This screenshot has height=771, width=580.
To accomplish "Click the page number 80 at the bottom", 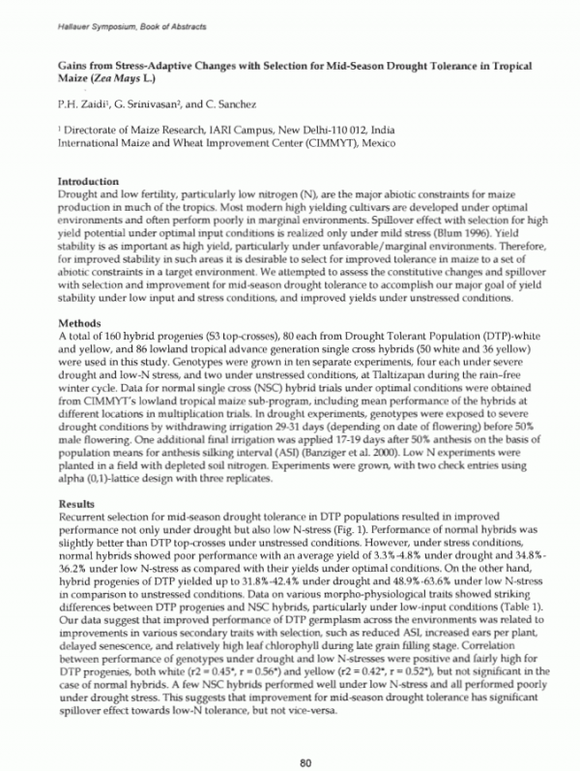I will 304,740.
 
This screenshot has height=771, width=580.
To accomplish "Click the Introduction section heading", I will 88,181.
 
